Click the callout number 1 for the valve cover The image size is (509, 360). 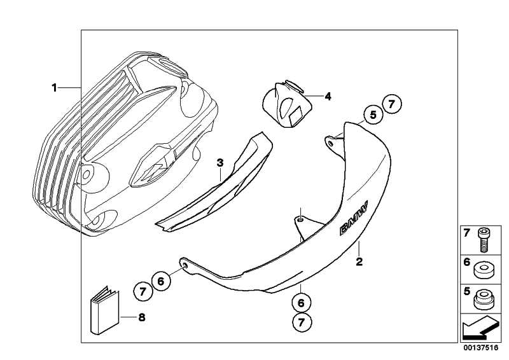[55, 87]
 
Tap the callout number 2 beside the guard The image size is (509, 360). [359, 261]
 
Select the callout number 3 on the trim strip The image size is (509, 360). [220, 163]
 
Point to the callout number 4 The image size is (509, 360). [328, 97]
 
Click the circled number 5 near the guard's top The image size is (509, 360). [372, 114]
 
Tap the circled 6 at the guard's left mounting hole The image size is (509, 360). [161, 280]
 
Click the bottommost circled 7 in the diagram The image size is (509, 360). [301, 323]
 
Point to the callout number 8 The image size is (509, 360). [141, 317]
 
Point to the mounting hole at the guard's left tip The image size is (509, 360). [184, 264]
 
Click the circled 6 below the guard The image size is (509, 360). [301, 299]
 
